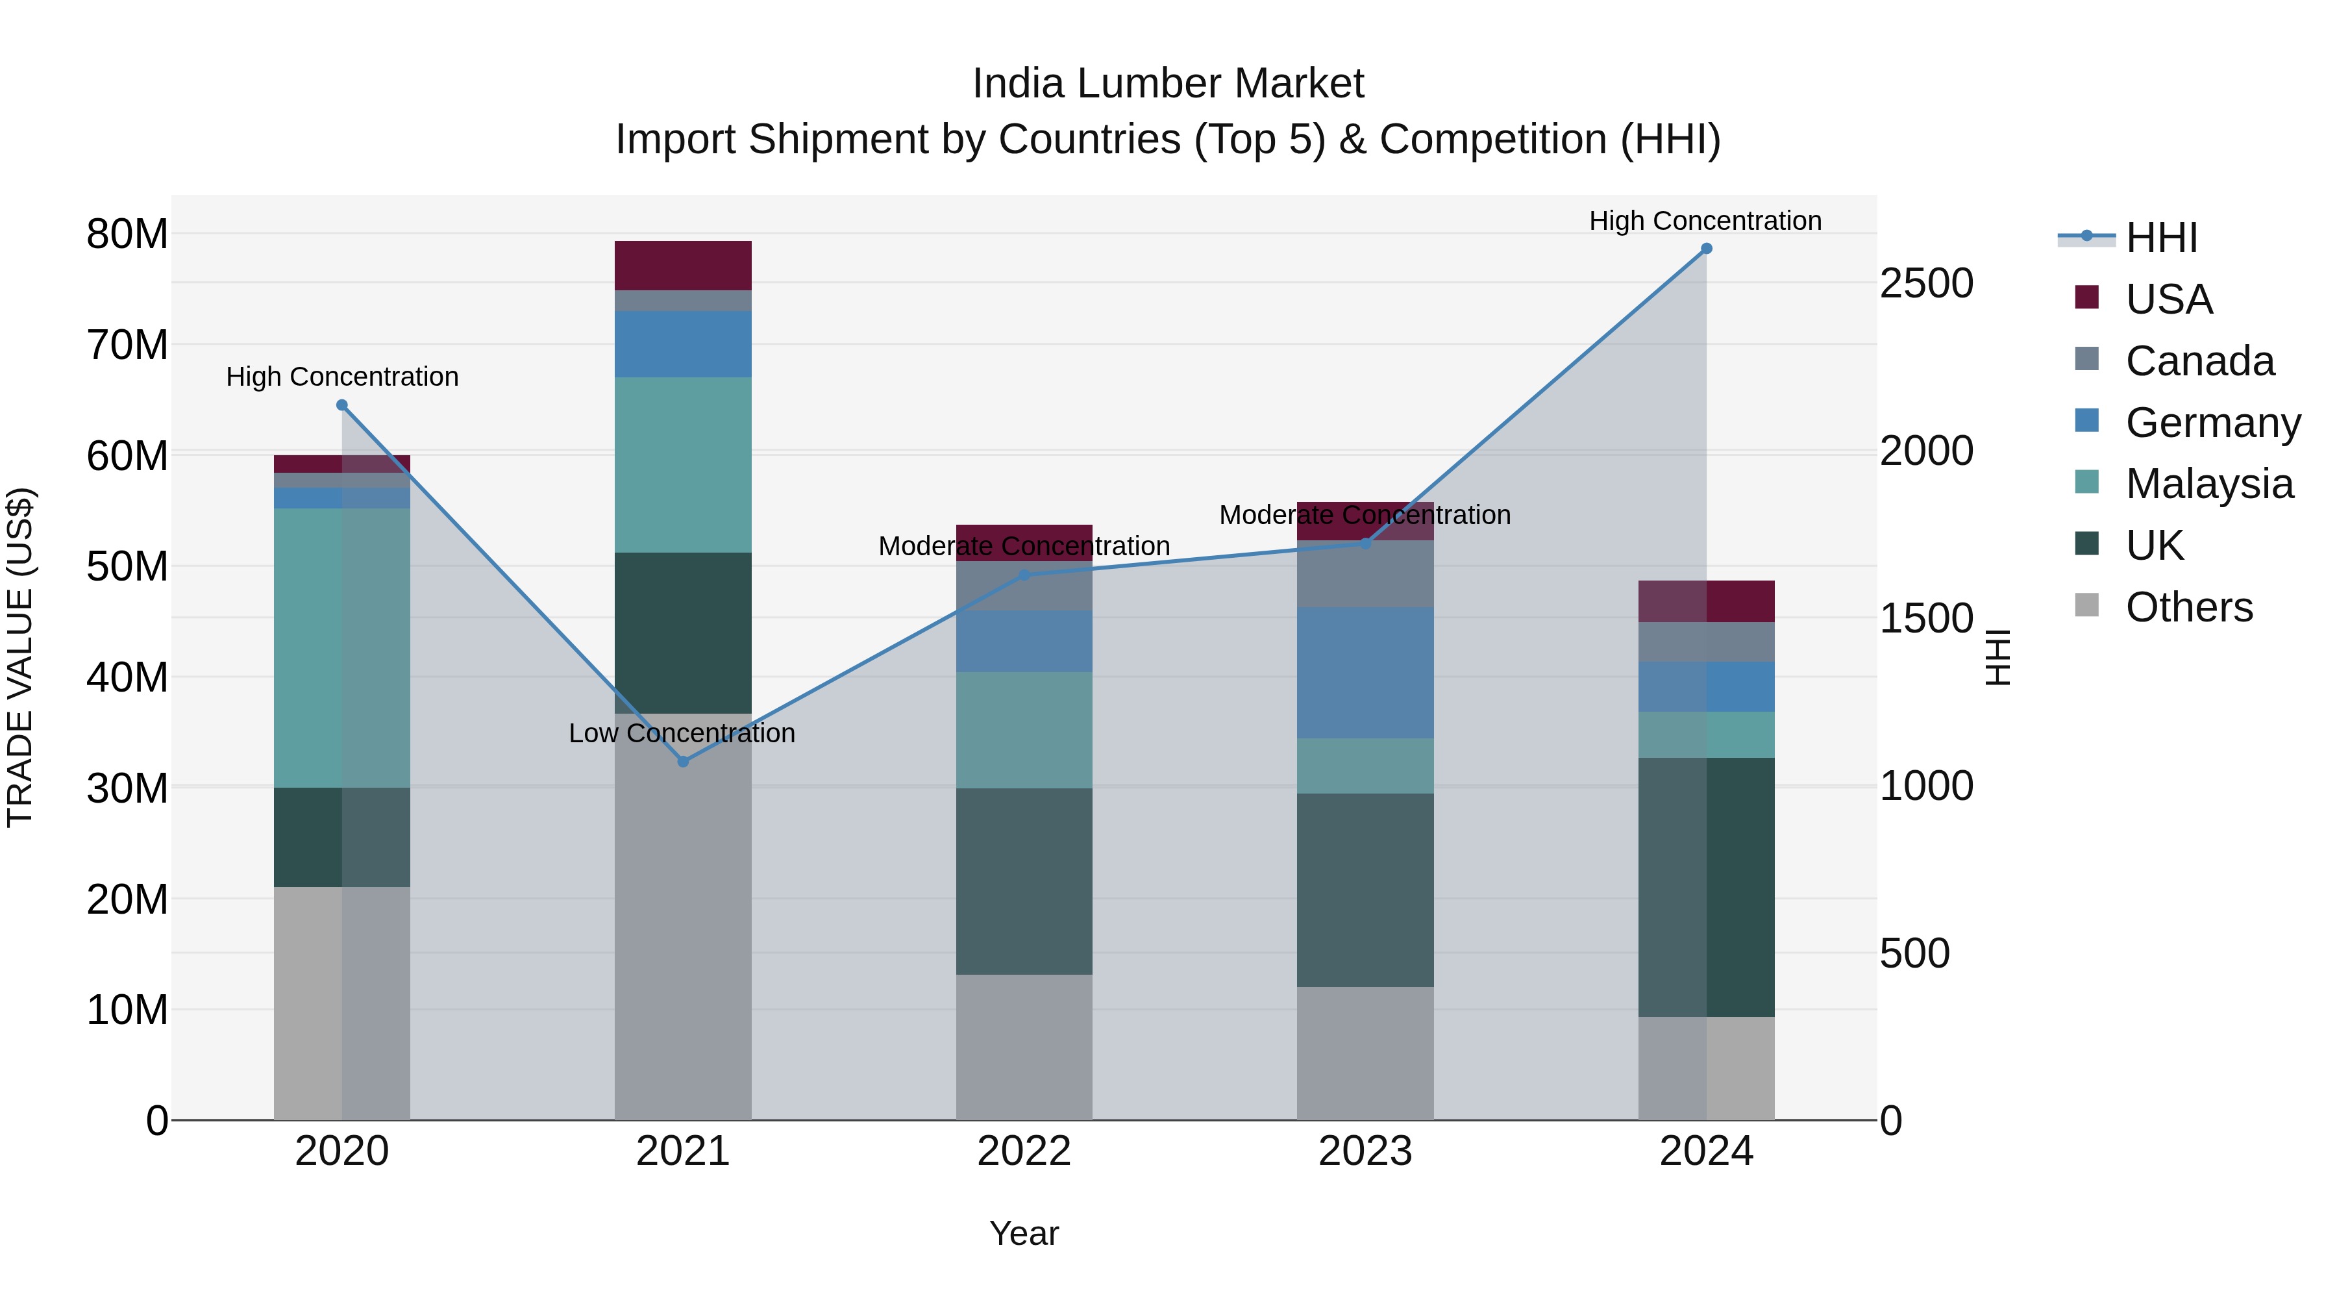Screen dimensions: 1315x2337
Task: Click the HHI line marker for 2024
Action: click(x=1705, y=249)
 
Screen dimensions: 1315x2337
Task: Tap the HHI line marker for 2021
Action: click(x=683, y=762)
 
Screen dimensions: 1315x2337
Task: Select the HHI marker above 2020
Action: click(x=342, y=406)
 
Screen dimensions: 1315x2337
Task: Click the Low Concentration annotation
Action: click(x=682, y=733)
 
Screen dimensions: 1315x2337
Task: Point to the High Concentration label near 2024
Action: click(x=1705, y=221)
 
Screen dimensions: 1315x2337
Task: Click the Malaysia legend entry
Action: click(x=2208, y=484)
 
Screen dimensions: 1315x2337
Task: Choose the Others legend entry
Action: click(x=2188, y=607)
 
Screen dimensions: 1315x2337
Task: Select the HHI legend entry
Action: click(x=2161, y=238)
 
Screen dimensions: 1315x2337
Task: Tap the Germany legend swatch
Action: click(x=2086, y=421)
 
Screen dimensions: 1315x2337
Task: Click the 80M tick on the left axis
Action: click(x=127, y=234)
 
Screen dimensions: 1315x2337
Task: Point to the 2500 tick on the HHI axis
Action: click(x=1926, y=283)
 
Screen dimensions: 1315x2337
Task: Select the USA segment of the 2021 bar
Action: click(x=683, y=266)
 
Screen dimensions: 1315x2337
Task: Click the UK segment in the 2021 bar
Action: click(x=683, y=632)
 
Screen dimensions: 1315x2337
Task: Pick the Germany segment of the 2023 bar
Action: click(x=1365, y=673)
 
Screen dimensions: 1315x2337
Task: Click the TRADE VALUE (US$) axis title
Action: click(x=20, y=657)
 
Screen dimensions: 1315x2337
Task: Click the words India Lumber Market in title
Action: click(x=1168, y=84)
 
